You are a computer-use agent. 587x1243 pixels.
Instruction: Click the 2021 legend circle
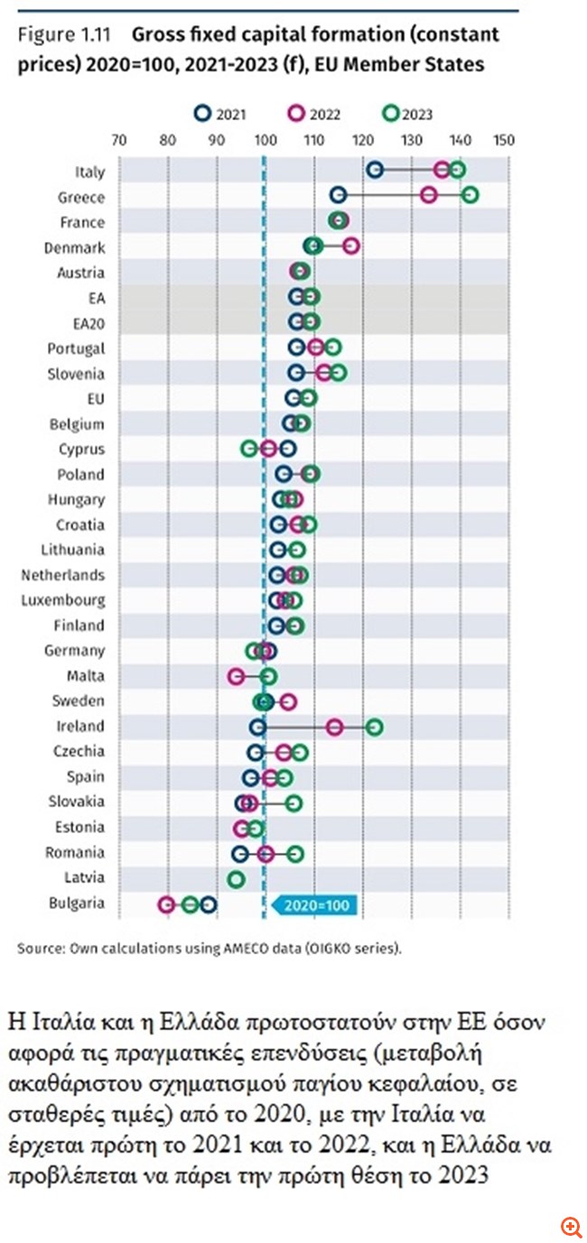pyautogui.click(x=203, y=114)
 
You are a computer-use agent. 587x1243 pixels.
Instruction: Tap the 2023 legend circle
pyautogui.click(x=390, y=114)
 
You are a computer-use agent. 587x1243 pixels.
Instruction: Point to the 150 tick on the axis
pyautogui.click(x=504, y=141)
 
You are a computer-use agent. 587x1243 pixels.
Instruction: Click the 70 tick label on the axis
pyautogui.click(x=117, y=141)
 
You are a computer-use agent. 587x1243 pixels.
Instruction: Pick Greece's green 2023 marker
pyautogui.click(x=470, y=195)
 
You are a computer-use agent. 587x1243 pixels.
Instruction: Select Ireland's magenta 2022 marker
pyautogui.click(x=334, y=727)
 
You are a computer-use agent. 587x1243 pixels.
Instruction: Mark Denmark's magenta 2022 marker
pyautogui.click(x=351, y=246)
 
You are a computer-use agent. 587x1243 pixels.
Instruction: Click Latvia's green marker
pyautogui.click(x=236, y=878)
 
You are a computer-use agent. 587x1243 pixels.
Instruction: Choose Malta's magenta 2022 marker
pyautogui.click(x=237, y=675)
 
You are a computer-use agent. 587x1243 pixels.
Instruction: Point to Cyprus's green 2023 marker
pyautogui.click(x=249, y=449)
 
